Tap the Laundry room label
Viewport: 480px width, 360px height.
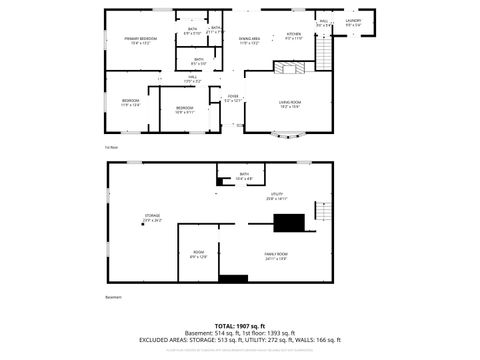(x=353, y=22)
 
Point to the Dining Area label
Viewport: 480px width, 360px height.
(x=249, y=41)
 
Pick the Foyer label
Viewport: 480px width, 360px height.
(x=233, y=99)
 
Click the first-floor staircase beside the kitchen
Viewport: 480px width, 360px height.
(x=323, y=50)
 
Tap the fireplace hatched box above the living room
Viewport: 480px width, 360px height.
(x=293, y=68)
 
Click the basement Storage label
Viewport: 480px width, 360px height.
(x=152, y=217)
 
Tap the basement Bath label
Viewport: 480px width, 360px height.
(x=244, y=177)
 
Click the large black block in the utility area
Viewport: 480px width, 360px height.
(x=290, y=223)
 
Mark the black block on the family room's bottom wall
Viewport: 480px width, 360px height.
(x=233, y=278)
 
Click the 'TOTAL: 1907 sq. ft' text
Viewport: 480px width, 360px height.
(x=240, y=327)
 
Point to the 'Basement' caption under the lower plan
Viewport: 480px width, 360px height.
(x=114, y=297)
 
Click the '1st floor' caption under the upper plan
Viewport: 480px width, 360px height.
(x=111, y=147)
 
